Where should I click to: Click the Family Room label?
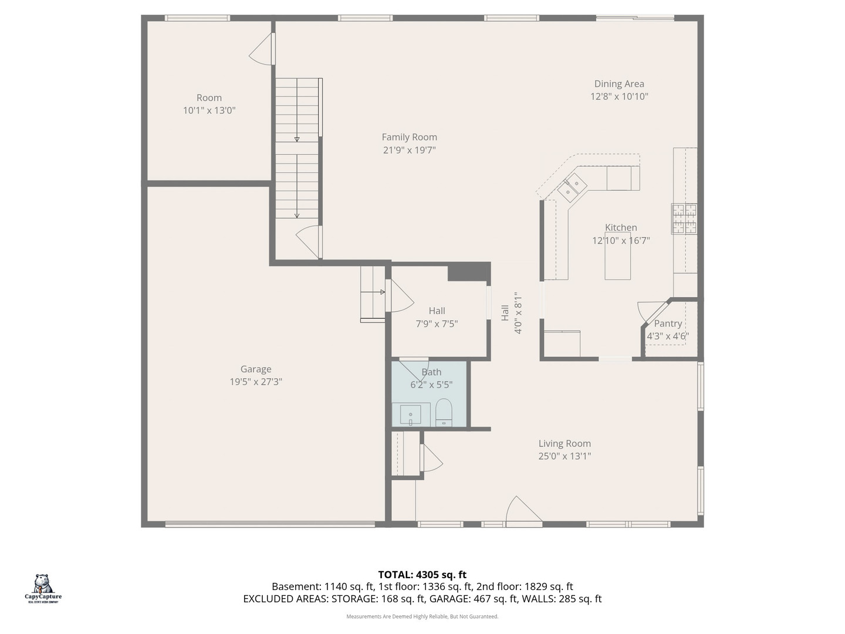pyautogui.click(x=409, y=137)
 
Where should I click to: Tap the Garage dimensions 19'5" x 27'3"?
pyautogui.click(x=256, y=382)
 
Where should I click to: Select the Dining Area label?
pyautogui.click(x=619, y=83)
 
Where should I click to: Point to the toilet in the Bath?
pyautogui.click(x=444, y=413)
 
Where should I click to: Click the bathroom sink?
pyautogui.click(x=410, y=414)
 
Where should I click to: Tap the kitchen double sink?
pyautogui.click(x=572, y=187)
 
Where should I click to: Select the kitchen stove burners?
pyautogui.click(x=684, y=218)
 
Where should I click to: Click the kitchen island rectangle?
pyautogui.click(x=617, y=255)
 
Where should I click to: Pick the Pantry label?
pyautogui.click(x=668, y=323)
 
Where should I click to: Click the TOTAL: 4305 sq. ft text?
pyautogui.click(x=422, y=575)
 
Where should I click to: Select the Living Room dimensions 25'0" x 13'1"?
pyautogui.click(x=565, y=456)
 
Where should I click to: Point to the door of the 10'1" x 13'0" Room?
pyautogui.click(x=262, y=49)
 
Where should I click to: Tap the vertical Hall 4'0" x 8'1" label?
pyautogui.click(x=512, y=312)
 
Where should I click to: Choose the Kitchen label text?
pyautogui.click(x=621, y=228)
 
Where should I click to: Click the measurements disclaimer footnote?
pyautogui.click(x=422, y=616)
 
